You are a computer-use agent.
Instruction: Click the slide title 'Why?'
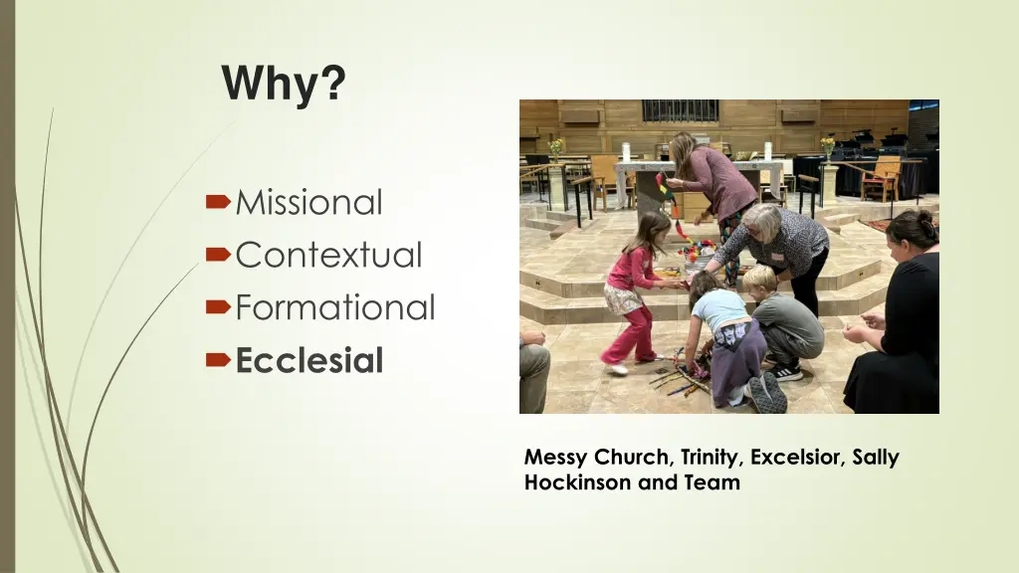[x=285, y=84]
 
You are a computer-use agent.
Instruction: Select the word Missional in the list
[x=308, y=203]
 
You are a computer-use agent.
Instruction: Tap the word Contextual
[x=328, y=256]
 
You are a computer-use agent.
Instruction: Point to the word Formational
[x=335, y=308]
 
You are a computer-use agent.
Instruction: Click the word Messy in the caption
[x=555, y=459]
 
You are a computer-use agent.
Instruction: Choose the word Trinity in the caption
[x=710, y=459]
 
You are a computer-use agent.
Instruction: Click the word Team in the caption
[x=718, y=483]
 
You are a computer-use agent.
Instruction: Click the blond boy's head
[x=759, y=280]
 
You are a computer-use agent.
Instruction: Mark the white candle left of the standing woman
[x=626, y=152]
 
